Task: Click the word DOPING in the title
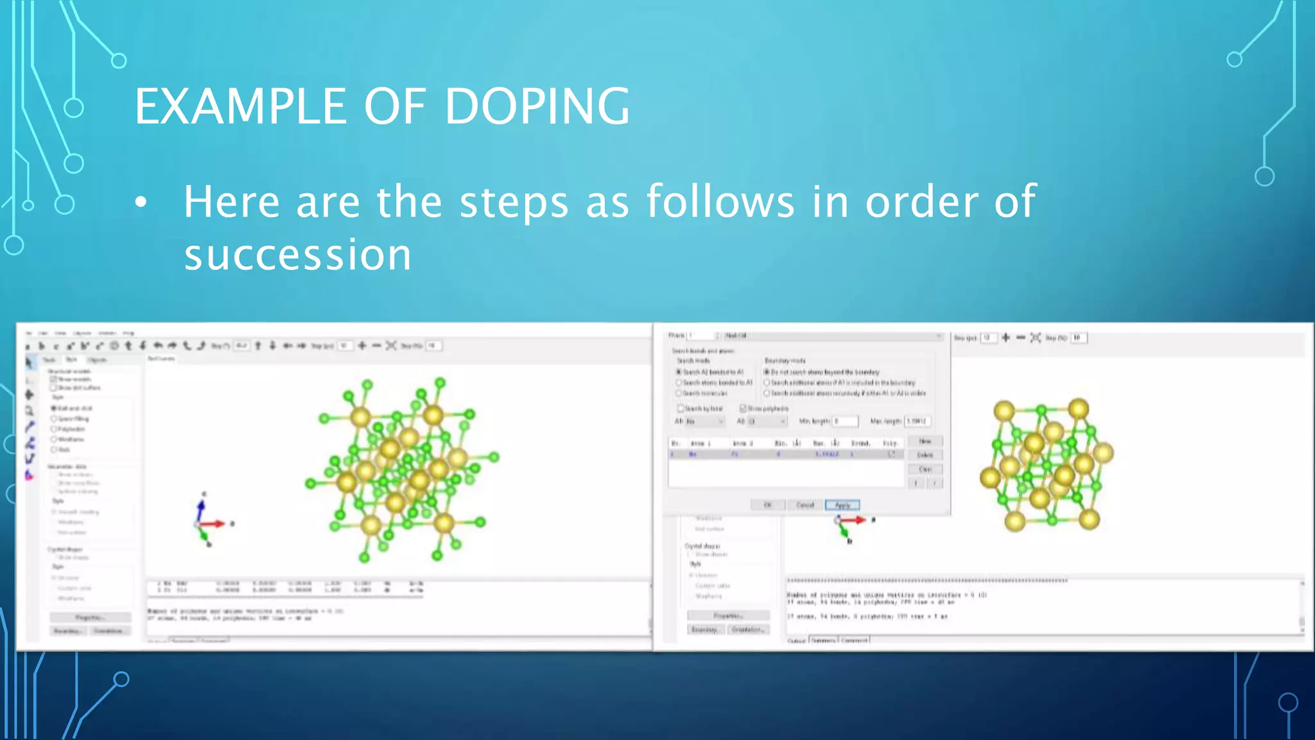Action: pos(537,107)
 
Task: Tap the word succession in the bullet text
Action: pos(297,255)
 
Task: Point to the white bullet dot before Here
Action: pos(141,202)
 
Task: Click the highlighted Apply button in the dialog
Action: pos(842,505)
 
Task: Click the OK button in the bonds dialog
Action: pos(767,505)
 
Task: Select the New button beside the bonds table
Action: pos(925,441)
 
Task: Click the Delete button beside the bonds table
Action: pos(925,455)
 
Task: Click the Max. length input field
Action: pos(917,421)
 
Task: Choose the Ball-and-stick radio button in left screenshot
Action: pos(55,409)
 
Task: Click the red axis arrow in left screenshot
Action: pos(214,524)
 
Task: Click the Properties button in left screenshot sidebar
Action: pos(90,617)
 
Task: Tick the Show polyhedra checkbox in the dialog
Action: pos(743,409)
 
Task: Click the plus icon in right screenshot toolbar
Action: pos(1006,338)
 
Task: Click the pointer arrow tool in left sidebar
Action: pos(29,363)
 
